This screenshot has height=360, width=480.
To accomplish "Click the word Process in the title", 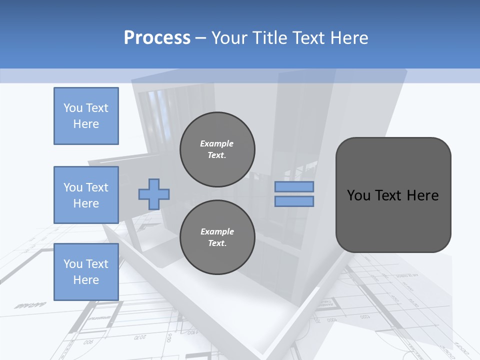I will click(x=157, y=38).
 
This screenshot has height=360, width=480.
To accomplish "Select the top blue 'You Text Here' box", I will click(x=86, y=116).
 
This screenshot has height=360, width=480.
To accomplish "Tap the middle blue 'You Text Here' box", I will click(x=86, y=195).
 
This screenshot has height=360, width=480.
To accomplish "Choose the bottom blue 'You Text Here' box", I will click(x=86, y=272).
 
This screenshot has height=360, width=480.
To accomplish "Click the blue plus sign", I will click(x=154, y=194).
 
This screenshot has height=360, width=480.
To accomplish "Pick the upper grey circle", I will click(x=217, y=149).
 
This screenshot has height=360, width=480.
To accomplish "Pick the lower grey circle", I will click(x=217, y=237).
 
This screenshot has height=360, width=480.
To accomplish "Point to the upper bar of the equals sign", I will click(x=294, y=187).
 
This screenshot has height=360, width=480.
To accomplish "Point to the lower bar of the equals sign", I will click(x=294, y=201).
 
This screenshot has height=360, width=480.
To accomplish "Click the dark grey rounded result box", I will click(x=393, y=195).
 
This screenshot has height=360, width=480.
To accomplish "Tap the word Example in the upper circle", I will click(x=216, y=143).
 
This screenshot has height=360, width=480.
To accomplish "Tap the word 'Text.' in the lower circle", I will click(x=217, y=243).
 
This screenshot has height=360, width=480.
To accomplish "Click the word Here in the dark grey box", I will click(x=422, y=195).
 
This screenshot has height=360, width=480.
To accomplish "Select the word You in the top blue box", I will click(x=72, y=108).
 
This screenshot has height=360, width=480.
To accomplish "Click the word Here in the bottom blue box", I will click(x=86, y=280).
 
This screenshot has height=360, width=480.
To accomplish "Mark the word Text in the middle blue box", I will click(x=96, y=187).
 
